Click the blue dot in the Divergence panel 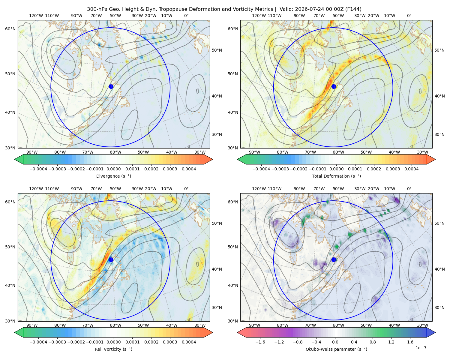click(x=111, y=87)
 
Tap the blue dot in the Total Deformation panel click(x=334, y=87)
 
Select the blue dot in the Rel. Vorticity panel click(x=111, y=259)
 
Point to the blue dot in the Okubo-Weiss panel click(x=334, y=259)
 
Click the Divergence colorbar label click(x=113, y=176)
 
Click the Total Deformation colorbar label click(x=337, y=176)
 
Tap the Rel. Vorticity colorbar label click(x=113, y=349)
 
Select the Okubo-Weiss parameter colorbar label click(x=337, y=349)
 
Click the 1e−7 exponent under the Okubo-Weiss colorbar click(x=421, y=348)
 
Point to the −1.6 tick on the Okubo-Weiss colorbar click(x=260, y=342)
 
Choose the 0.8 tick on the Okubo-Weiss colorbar click(x=373, y=342)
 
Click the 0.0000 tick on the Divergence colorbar click(x=113, y=169)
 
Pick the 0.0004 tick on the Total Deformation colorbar click(x=411, y=169)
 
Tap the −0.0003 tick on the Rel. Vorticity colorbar click(x=57, y=342)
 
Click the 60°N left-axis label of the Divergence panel click(x=10, y=29)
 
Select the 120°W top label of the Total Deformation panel click(x=259, y=16)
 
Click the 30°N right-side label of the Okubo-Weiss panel click(x=439, y=307)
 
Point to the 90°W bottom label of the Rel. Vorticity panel click(x=32, y=325)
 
